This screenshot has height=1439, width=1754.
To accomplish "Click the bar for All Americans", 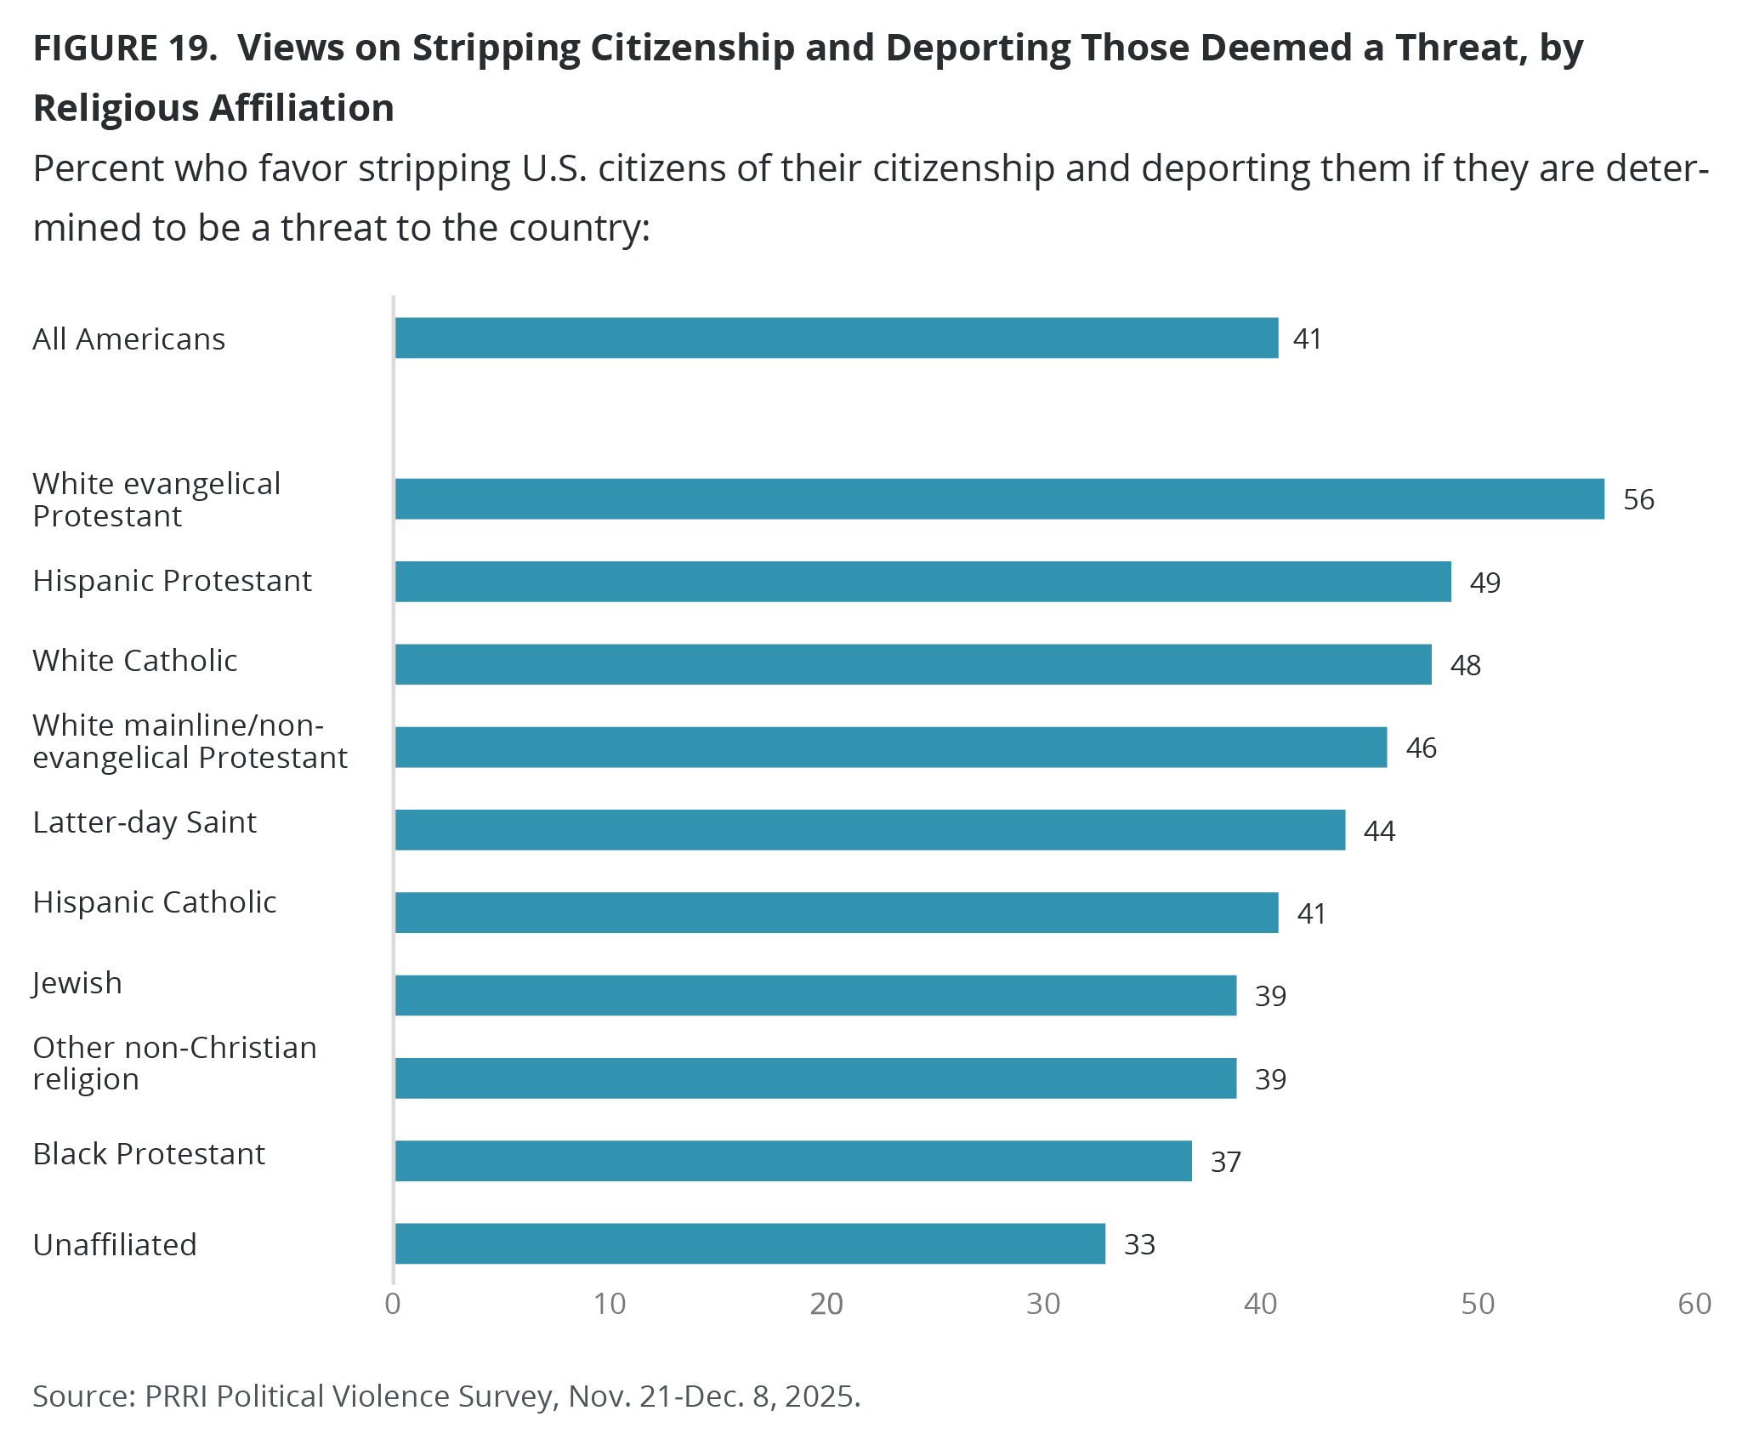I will click(837, 338).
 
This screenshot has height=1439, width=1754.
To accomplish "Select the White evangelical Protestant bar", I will click(1000, 498).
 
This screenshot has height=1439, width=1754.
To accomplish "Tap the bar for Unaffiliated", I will click(750, 1243).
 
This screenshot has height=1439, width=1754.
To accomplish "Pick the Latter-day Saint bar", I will click(870, 829).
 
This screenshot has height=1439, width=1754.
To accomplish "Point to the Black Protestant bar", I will click(793, 1161).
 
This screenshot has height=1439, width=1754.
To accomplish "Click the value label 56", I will click(1638, 499).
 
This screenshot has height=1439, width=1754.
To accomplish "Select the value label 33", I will click(1139, 1244).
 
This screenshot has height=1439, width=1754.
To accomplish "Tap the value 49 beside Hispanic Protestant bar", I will click(1484, 583).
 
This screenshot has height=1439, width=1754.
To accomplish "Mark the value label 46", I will click(1421, 748).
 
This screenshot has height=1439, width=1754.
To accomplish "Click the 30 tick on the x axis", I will click(1043, 1304).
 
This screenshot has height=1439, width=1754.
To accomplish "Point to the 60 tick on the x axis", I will click(1694, 1304).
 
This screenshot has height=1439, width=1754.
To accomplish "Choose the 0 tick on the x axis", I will click(393, 1304).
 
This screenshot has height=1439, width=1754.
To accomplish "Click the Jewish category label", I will click(77, 982).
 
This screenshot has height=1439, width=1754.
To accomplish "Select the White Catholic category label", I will click(135, 661).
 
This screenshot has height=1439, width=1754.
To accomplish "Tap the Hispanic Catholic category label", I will click(155, 902).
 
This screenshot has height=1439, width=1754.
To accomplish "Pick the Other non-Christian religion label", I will click(174, 1063).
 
